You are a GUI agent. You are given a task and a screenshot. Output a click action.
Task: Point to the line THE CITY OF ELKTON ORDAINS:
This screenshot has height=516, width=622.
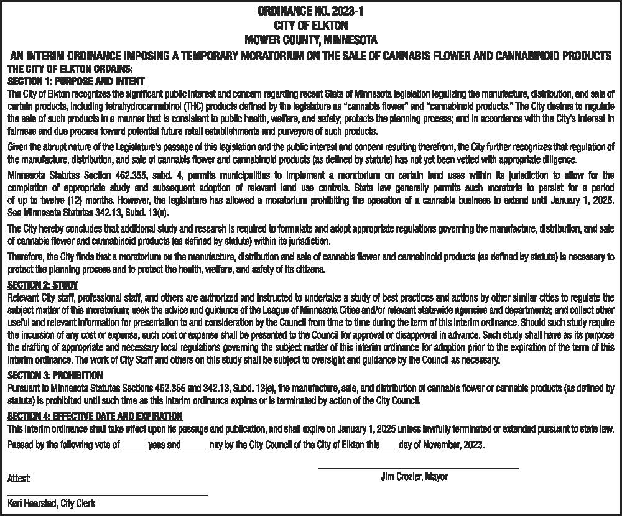coord(69,68)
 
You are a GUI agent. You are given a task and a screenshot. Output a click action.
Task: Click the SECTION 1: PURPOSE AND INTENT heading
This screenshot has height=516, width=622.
coord(76,81)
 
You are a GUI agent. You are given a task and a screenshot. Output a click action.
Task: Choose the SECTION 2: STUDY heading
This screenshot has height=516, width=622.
coord(42,286)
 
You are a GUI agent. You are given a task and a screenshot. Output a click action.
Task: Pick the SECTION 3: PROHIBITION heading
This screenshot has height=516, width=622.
coord(55,375)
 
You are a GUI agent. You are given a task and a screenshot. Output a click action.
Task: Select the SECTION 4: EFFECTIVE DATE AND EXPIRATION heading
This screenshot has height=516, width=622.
coord(95,416)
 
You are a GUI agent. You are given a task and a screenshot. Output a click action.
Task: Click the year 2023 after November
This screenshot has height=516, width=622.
coord(472,446)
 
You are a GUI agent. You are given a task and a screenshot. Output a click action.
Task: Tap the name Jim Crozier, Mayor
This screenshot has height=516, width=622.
coord(414,477)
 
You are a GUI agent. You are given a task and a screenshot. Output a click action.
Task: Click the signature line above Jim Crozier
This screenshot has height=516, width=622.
coord(418,468)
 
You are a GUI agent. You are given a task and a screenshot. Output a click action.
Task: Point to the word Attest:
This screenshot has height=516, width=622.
coord(19,479)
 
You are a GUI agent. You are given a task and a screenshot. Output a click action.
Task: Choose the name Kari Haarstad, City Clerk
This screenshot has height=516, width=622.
coord(52,504)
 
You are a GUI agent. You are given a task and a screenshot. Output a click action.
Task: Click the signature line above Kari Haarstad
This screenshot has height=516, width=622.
coord(107,495)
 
